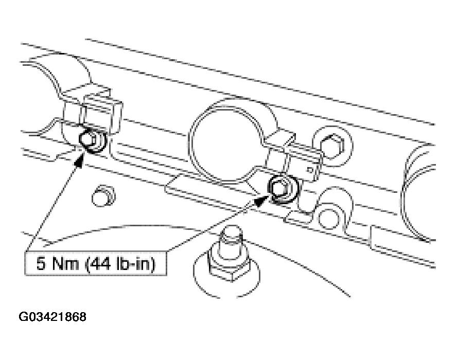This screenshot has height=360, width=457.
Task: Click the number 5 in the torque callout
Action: pos(41,264)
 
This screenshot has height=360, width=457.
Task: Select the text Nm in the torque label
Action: pos(65,264)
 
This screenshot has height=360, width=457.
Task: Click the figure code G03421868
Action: pos(52,317)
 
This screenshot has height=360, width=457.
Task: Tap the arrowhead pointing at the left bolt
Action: pos(79,160)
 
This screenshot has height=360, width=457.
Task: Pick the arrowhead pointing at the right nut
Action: pos(261,200)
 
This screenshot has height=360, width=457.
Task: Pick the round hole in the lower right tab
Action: pos(329,218)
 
